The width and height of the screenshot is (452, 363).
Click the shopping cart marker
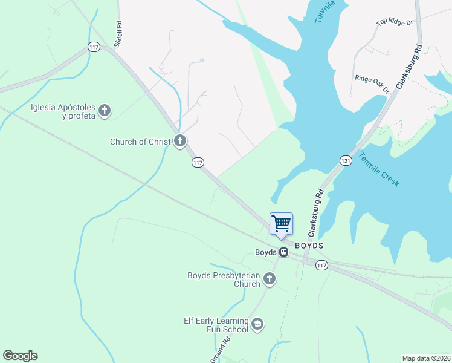(x=281, y=224)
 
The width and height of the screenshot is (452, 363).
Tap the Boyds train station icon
(x=283, y=252)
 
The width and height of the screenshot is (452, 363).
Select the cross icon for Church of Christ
(x=179, y=142)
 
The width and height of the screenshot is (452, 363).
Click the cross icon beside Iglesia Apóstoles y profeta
(x=105, y=110)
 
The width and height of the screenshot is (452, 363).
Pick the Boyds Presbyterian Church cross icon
(x=270, y=279)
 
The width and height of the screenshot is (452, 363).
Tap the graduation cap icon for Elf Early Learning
(x=257, y=325)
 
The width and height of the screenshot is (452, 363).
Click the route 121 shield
(x=345, y=160)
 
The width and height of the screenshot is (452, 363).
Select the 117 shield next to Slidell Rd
(x=93, y=47)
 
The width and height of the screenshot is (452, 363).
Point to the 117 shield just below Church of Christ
(x=198, y=162)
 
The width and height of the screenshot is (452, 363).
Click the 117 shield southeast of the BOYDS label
(x=321, y=266)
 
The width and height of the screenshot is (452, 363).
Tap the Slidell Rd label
(x=119, y=34)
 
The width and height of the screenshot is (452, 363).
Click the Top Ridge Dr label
(x=394, y=22)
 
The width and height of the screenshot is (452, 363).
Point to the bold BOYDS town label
(x=309, y=246)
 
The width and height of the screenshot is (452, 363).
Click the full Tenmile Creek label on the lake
(x=379, y=169)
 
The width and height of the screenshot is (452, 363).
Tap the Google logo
(x=20, y=356)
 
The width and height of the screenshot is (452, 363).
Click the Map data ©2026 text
(x=426, y=358)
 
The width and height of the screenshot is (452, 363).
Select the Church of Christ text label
(x=140, y=142)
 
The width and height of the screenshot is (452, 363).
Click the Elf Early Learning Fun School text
(x=216, y=325)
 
